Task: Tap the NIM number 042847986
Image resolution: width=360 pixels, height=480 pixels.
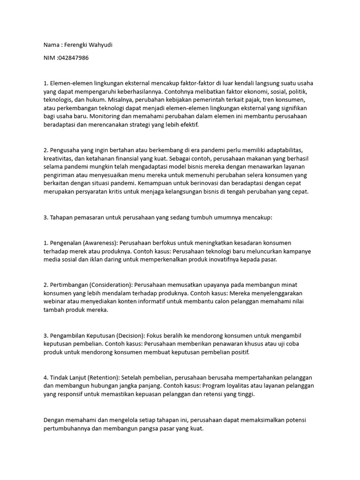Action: click(72, 58)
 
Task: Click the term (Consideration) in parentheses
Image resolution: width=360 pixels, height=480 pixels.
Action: click(107, 285)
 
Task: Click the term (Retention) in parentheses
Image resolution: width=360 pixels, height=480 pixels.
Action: click(104, 378)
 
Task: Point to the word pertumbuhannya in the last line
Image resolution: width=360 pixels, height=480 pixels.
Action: click(67, 428)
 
